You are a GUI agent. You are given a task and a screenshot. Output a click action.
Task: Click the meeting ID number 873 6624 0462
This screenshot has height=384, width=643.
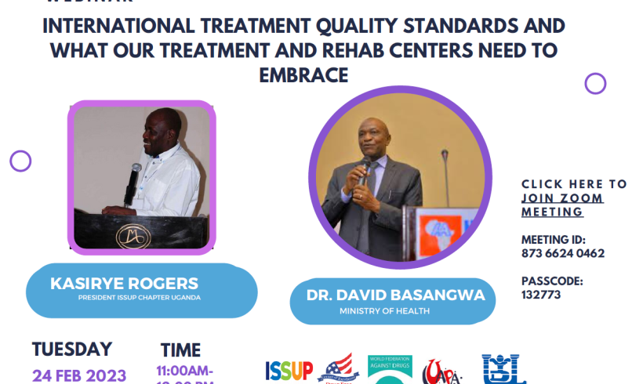point(562,253)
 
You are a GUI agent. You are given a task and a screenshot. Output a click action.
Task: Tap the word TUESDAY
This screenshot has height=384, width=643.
point(72,349)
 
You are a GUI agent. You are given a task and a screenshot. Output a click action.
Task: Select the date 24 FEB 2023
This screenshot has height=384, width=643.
point(78,375)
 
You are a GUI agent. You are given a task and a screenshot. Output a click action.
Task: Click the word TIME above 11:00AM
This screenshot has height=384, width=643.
point(181,350)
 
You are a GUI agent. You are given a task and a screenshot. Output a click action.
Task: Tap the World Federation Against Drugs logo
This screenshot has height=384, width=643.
point(391,369)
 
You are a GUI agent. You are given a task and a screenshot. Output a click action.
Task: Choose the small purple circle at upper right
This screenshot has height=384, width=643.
point(595,83)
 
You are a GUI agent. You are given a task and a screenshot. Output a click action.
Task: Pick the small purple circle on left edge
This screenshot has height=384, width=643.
point(20,161)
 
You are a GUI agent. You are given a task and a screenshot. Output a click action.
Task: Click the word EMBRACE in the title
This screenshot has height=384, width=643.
point(303,75)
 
